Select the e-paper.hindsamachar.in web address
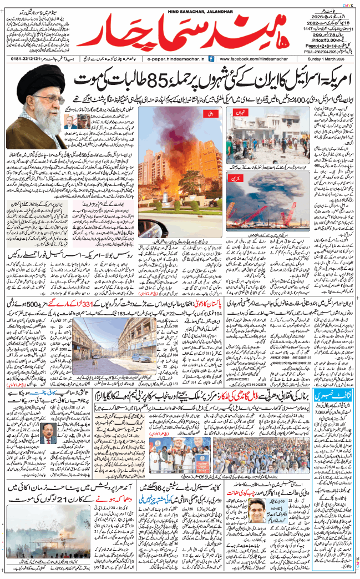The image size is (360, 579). [x=177, y=58]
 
